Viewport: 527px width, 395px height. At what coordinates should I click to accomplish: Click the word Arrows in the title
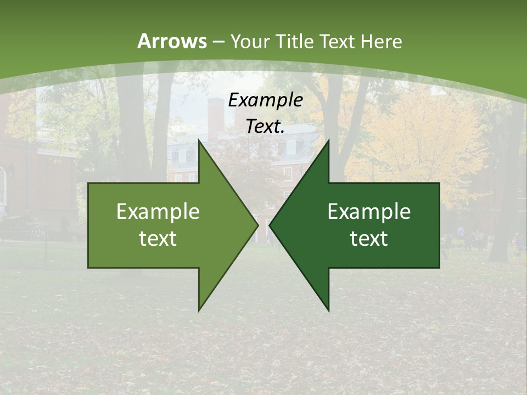click(x=172, y=41)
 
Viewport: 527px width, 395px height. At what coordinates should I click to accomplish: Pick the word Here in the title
click(x=382, y=41)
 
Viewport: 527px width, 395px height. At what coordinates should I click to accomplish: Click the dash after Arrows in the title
click(x=218, y=42)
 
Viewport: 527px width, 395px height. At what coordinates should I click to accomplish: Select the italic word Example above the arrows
click(x=266, y=100)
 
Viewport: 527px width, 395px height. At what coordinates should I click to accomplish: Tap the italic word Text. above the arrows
click(x=266, y=127)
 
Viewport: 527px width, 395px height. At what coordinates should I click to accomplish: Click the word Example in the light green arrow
click(x=158, y=212)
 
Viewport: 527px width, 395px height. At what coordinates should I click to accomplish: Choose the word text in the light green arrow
click(x=158, y=239)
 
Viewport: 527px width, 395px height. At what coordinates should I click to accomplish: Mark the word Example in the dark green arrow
click(x=369, y=212)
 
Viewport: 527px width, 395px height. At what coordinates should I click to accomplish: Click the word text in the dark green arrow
click(x=369, y=239)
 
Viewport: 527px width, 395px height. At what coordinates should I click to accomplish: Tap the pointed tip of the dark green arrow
click(x=270, y=225)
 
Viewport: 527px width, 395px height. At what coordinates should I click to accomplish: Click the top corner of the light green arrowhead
click(x=199, y=140)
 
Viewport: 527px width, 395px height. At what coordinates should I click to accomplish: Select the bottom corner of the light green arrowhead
click(x=199, y=310)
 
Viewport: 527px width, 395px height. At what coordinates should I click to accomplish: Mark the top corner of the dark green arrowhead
click(x=328, y=140)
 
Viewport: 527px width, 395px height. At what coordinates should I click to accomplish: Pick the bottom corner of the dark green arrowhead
click(x=328, y=310)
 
